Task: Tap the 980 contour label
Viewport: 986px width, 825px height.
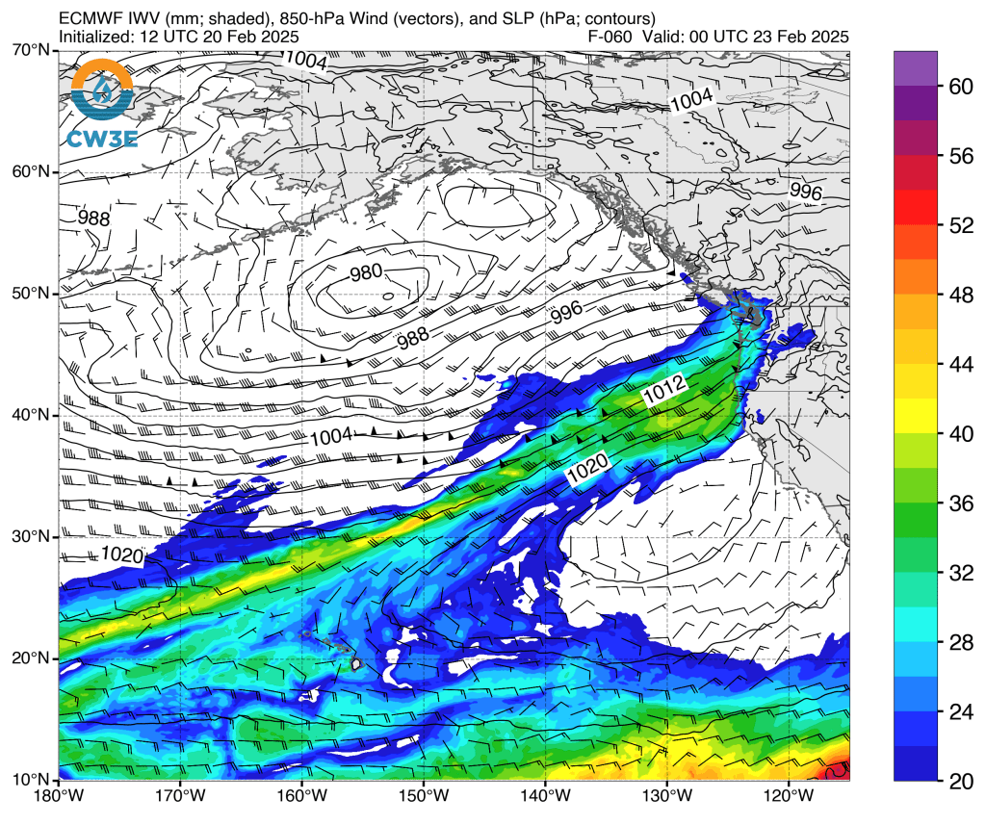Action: pyautogui.click(x=366, y=272)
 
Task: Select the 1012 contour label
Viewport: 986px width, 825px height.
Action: pyautogui.click(x=663, y=390)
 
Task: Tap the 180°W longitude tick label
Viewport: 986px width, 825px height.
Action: pyautogui.click(x=60, y=797)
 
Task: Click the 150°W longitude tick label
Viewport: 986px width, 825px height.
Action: pyautogui.click(x=424, y=797)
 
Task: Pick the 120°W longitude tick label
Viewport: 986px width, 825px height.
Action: pyautogui.click(x=789, y=797)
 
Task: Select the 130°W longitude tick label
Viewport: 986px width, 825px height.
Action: pyautogui.click(x=667, y=797)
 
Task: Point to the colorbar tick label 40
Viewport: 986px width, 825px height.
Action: pyautogui.click(x=960, y=433)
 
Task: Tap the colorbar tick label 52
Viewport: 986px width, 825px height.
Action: pyautogui.click(x=960, y=225)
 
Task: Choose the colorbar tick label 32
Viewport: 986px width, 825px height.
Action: pyautogui.click(x=960, y=573)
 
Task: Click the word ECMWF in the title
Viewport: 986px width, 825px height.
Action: pyautogui.click(x=87, y=18)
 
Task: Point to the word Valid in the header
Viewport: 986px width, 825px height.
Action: pyautogui.click(x=663, y=37)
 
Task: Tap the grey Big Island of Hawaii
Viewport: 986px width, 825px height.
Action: pyautogui.click(x=356, y=663)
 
